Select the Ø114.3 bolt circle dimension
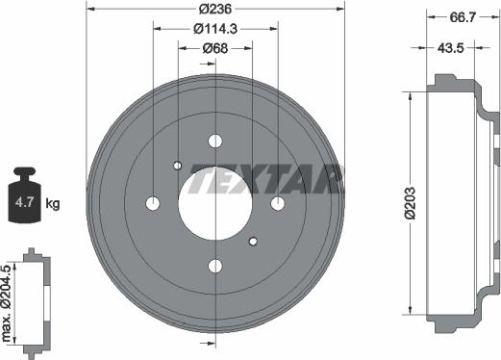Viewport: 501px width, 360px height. [x=214, y=29]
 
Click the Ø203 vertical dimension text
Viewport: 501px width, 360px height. [x=411, y=203]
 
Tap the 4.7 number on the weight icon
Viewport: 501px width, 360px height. [x=25, y=203]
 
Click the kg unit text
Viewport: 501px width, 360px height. [x=53, y=203]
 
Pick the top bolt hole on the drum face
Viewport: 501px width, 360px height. [x=214, y=141]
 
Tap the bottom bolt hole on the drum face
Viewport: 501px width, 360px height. [x=214, y=265]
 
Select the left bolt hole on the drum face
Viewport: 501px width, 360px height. [x=152, y=203]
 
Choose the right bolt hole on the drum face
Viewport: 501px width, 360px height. [x=277, y=203]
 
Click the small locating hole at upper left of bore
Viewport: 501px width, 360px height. [x=178, y=166]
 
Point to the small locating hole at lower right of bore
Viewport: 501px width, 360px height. [x=252, y=240]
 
